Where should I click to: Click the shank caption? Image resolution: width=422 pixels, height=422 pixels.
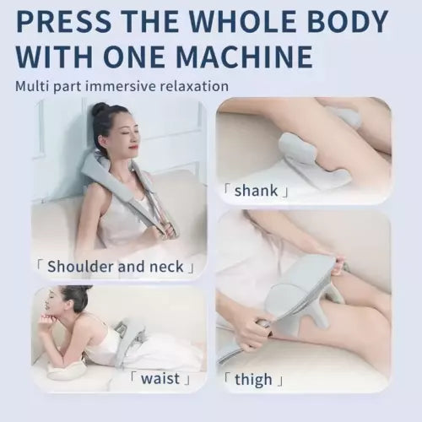click(259, 191)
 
